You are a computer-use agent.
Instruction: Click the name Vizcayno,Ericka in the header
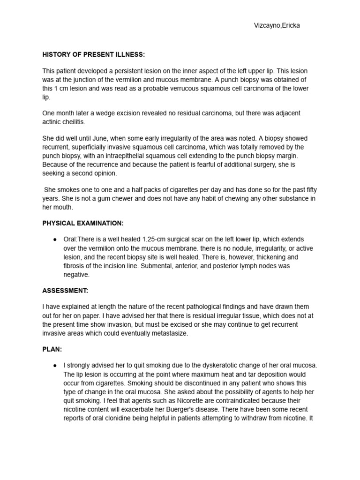(x=276, y=26)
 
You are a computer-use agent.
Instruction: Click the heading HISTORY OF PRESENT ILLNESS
(x=94, y=54)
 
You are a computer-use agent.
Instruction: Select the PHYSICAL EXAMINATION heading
(x=83, y=223)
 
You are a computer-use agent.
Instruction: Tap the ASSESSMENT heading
(x=65, y=291)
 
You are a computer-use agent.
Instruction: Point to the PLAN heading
(x=52, y=350)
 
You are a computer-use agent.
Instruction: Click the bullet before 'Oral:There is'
(x=55, y=240)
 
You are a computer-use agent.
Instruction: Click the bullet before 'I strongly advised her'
(x=55, y=366)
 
